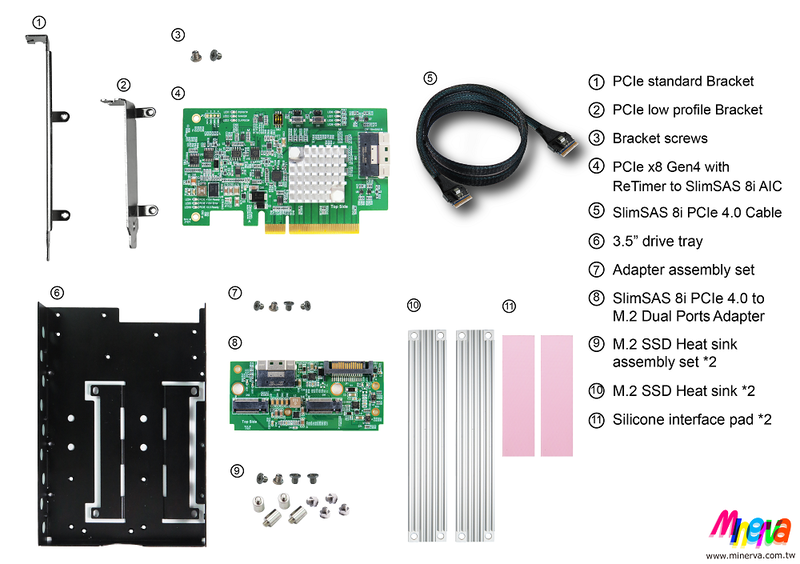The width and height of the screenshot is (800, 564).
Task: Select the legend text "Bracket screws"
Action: point(659,138)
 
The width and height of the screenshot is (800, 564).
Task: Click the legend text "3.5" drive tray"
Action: point(658,240)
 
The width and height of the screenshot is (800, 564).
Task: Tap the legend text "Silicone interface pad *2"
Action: point(690,420)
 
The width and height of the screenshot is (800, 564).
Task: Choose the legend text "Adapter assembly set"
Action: point(683,269)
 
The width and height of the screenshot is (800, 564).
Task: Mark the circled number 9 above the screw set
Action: point(236,468)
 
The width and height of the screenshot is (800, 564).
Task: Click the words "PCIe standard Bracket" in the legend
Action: point(683,81)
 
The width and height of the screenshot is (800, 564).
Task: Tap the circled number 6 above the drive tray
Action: point(56,292)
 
